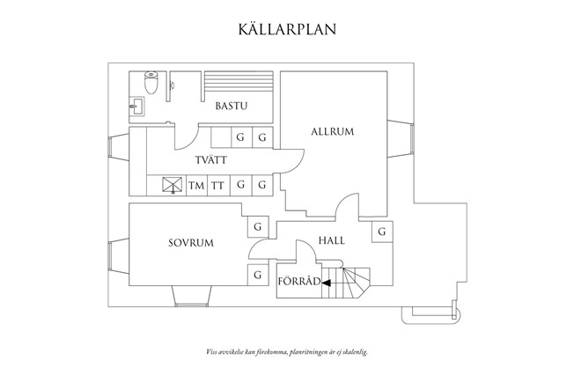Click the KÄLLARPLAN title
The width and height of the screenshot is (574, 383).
pyautogui.click(x=287, y=28)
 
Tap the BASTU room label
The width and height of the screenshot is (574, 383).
pyautogui.click(x=231, y=107)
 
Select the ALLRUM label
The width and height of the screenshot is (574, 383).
pyautogui.click(x=332, y=132)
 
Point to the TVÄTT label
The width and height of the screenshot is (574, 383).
pyautogui.click(x=212, y=159)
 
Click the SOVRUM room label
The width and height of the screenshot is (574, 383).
pyautogui.click(x=191, y=243)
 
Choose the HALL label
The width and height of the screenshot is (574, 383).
pyautogui.click(x=332, y=239)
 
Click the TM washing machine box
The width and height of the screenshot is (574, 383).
pyautogui.click(x=196, y=186)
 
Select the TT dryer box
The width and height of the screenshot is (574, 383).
pyautogui.click(x=217, y=186)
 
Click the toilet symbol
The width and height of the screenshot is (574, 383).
pyautogui.click(x=151, y=85)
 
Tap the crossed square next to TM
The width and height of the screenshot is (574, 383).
pyautogui.click(x=173, y=185)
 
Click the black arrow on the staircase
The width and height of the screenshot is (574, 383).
pyautogui.click(x=327, y=284)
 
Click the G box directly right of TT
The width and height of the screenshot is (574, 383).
pyautogui.click(x=240, y=186)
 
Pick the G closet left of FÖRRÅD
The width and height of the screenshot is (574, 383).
pyautogui.click(x=258, y=276)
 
